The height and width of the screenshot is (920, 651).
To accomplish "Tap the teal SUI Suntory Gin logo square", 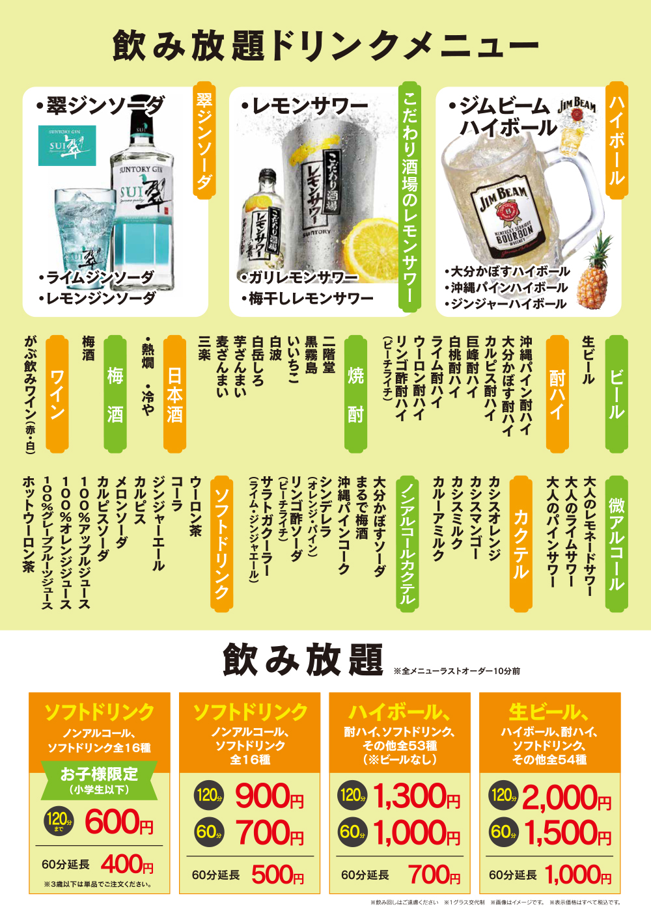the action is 67,145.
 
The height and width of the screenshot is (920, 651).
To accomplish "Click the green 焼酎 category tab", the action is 355,394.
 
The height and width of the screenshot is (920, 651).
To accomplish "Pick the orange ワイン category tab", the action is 57,394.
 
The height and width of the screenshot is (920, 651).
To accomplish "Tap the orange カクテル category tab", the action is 521,544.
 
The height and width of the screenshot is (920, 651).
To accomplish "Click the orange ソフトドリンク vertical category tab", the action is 222,544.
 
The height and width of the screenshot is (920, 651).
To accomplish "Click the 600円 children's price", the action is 119,821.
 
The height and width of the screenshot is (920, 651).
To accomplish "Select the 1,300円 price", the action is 417,796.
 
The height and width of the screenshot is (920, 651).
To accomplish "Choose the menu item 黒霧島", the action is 311,356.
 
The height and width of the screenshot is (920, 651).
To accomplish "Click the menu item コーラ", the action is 176,494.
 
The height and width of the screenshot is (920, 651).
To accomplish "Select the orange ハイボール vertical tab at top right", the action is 617,140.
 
